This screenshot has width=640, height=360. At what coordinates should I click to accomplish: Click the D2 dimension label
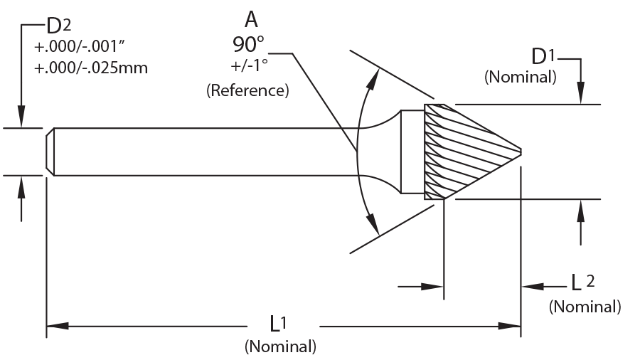pos(59,26)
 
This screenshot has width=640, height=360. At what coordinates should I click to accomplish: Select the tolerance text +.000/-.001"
pos(80,47)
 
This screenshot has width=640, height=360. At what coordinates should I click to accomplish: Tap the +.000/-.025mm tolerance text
pos(91,68)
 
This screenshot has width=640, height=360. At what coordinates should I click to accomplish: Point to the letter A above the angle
pos(251,20)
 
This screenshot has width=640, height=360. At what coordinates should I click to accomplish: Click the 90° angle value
pos(248,44)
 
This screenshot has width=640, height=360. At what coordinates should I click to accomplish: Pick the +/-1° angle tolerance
pos(250,65)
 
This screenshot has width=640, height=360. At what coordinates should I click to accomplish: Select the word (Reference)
pos(247,90)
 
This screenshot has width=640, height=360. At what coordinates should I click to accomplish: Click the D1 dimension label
pos(544,56)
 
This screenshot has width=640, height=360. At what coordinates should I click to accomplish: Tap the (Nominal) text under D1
pos(521,77)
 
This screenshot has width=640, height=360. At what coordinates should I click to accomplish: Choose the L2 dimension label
pos(582,282)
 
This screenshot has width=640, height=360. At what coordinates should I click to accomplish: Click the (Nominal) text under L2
pos(585,307)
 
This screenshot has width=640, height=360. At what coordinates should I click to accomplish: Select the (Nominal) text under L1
pos(280,346)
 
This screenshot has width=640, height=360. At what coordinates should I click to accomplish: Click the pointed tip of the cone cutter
pos(521,152)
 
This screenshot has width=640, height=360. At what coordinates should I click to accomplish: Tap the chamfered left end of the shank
pos(50,152)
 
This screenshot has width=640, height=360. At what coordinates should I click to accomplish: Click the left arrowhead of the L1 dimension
pos(58,326)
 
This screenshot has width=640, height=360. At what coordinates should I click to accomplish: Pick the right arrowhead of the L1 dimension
pos(510,326)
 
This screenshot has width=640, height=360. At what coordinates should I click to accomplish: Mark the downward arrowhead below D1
pos(581,93)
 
